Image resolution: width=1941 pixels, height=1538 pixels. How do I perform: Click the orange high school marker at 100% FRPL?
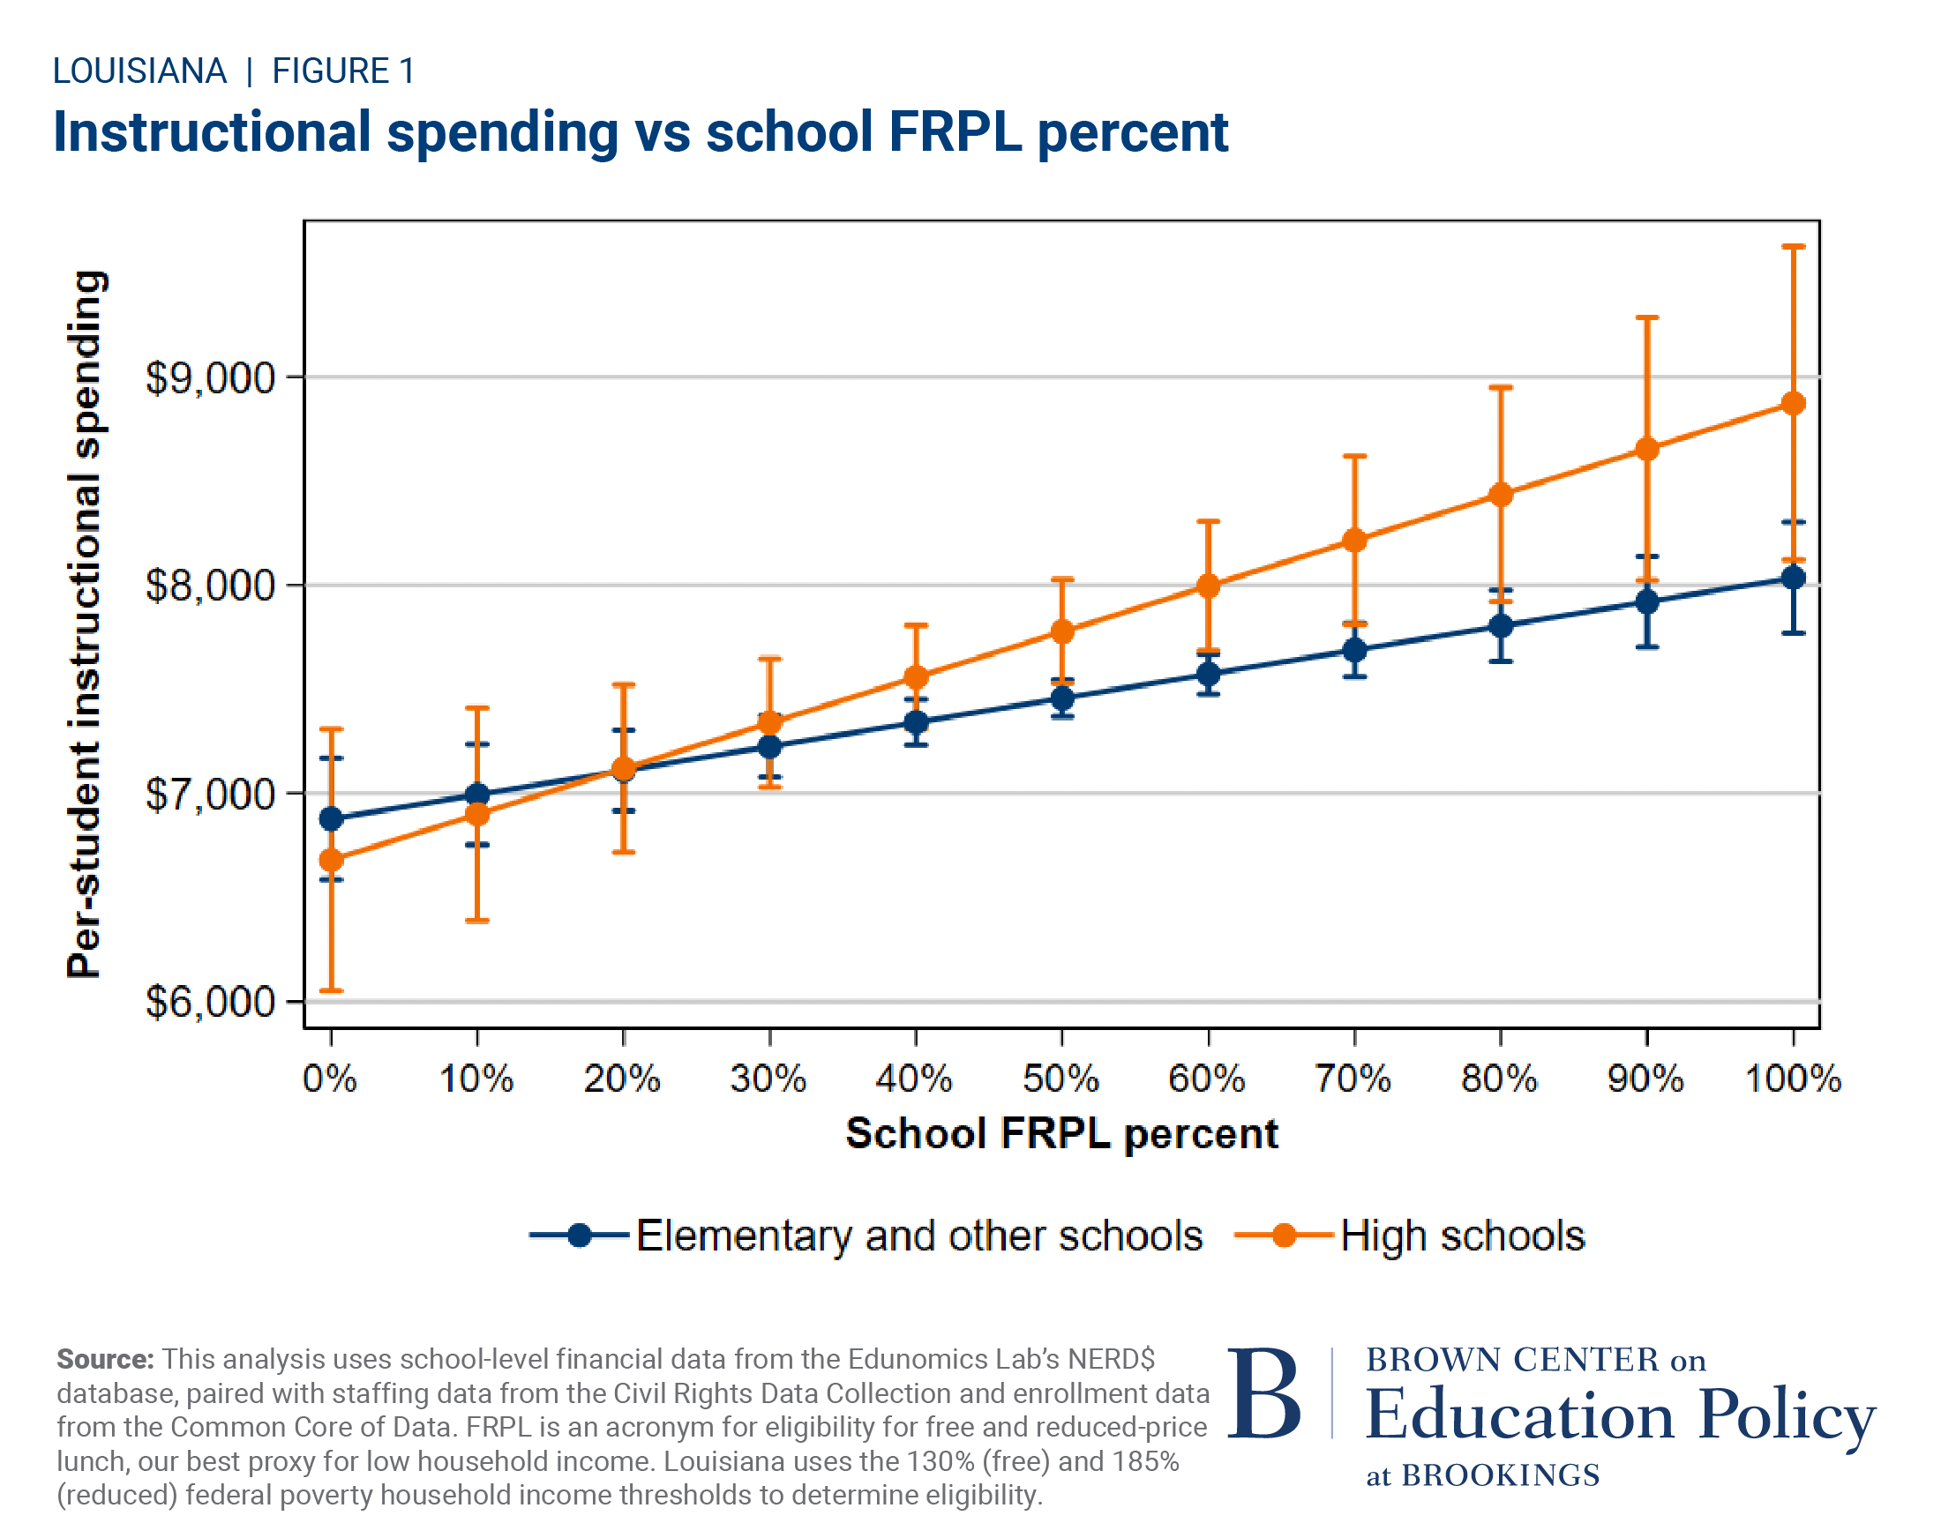[1793, 403]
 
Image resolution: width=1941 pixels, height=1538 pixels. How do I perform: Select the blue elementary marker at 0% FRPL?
[332, 818]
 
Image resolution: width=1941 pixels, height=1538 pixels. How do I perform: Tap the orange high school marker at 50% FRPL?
[1062, 631]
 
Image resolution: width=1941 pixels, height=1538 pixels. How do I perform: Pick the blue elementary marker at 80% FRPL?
[1500, 625]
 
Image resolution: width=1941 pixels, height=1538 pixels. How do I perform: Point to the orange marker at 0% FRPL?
[332, 861]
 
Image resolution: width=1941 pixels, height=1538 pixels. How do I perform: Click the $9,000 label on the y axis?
[210, 378]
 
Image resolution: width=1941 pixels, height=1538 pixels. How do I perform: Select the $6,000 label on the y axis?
[210, 1002]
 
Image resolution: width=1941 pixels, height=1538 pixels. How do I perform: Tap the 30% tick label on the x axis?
[768, 1079]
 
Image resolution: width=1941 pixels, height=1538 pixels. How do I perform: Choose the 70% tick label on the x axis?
[1353, 1079]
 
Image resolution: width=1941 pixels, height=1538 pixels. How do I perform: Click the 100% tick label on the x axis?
[1793, 1079]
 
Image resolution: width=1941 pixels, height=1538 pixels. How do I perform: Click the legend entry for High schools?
[1460, 1236]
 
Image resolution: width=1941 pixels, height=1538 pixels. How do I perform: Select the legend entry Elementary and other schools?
[918, 1236]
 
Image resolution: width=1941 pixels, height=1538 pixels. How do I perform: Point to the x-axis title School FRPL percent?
[1061, 1133]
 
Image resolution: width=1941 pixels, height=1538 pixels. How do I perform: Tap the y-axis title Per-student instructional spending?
[86, 623]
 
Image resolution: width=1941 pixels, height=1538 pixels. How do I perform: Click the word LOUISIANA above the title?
[139, 71]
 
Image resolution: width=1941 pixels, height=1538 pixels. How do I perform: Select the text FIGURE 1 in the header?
[343, 71]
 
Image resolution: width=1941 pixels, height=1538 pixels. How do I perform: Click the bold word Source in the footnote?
[104, 1359]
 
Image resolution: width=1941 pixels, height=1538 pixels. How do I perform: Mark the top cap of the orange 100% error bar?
[1793, 246]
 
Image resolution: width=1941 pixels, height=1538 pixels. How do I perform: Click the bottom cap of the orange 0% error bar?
[332, 991]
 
